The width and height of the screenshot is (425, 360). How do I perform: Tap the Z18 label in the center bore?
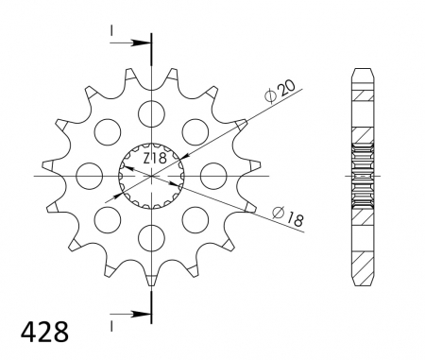click(x=155, y=158)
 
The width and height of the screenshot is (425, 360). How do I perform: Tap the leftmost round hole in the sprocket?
click(x=90, y=175)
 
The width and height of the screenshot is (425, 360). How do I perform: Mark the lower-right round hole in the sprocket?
click(x=194, y=218)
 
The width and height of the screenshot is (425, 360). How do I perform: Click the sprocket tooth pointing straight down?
click(x=150, y=280)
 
